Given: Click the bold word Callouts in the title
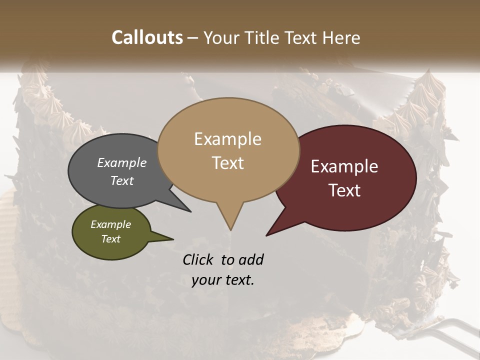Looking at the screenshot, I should coord(147,37).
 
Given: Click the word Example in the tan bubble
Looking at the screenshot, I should coord(227,139).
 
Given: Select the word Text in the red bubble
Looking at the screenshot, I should coord(344,190).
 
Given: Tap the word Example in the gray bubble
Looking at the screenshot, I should coord(121,162).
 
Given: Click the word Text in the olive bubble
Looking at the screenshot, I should coord(110,239).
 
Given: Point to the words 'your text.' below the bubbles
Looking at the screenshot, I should coord(223,280).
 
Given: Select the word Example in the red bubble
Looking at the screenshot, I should coord(344,166).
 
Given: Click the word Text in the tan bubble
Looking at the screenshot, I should coord(228,163).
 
